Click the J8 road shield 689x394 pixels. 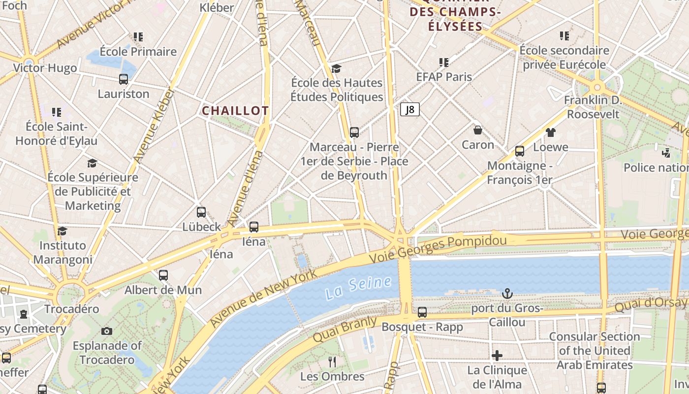point(409,109)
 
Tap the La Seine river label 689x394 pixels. point(358,288)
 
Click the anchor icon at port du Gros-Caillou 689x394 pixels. point(507,294)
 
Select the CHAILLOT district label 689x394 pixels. point(235,111)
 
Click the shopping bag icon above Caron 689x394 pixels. point(477,130)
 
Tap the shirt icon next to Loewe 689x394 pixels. point(550,132)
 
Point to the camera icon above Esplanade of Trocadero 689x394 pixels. point(107,331)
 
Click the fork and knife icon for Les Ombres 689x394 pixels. point(332,362)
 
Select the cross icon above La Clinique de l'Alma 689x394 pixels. point(497,355)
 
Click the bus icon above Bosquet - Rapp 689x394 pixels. point(422,312)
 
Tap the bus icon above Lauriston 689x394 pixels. point(124,79)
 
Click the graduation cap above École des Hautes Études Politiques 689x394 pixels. point(336,68)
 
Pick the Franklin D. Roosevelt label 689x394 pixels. point(593,107)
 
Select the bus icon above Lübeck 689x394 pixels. point(201,212)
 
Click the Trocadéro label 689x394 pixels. point(72,309)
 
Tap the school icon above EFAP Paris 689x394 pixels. point(444,62)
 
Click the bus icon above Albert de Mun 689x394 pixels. point(163,275)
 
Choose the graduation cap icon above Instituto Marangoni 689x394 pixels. point(62,231)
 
